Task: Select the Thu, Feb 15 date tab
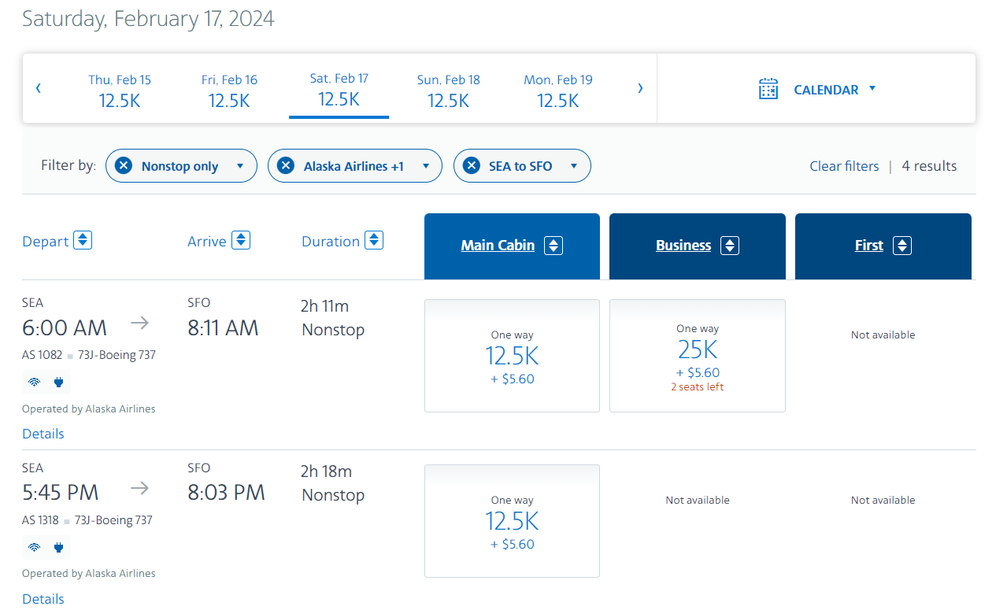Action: [120, 91]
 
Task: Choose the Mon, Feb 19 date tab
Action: [557, 91]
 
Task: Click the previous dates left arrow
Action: [38, 88]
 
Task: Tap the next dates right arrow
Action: [640, 88]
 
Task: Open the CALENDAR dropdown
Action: [835, 90]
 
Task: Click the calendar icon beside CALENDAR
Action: [768, 89]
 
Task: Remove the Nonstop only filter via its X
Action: [124, 166]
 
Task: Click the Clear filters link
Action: [844, 166]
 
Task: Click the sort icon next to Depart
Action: [83, 240]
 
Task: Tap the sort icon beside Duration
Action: [374, 240]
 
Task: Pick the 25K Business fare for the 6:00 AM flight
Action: [698, 356]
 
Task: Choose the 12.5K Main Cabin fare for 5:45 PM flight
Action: [512, 521]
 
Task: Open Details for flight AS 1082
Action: [43, 434]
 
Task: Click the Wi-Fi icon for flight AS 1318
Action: [34, 547]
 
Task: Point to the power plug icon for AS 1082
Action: [58, 383]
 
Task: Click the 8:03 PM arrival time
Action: [226, 493]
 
